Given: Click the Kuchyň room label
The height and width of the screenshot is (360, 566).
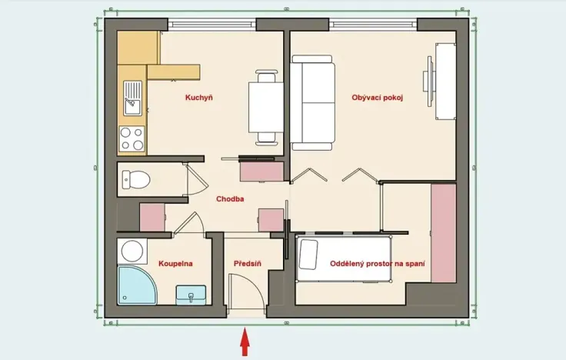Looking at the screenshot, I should pyautogui.click(x=198, y=98).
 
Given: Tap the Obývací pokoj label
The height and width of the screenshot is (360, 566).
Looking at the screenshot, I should pyautogui.click(x=378, y=98).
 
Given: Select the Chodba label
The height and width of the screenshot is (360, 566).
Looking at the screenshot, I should pyautogui.click(x=230, y=198).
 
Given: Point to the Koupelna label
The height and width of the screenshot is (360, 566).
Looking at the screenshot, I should pyautogui.click(x=175, y=264).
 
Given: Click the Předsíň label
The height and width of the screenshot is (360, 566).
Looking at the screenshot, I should pyautogui.click(x=248, y=264).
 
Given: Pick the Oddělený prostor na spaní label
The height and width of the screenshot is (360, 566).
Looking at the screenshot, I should pyautogui.click(x=378, y=264).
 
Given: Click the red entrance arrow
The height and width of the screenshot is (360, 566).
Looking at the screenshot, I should pyautogui.click(x=245, y=342).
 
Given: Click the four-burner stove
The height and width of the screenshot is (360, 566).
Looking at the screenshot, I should pyautogui.click(x=132, y=139).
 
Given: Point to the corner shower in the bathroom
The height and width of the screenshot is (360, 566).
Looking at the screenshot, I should pyautogui.click(x=136, y=285).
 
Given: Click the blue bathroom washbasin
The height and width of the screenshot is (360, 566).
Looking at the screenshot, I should pyautogui.click(x=191, y=294).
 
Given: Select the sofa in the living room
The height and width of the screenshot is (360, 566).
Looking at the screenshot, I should pyautogui.click(x=314, y=103).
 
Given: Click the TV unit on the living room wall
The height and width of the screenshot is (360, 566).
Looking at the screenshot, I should pyautogui.click(x=446, y=81).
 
